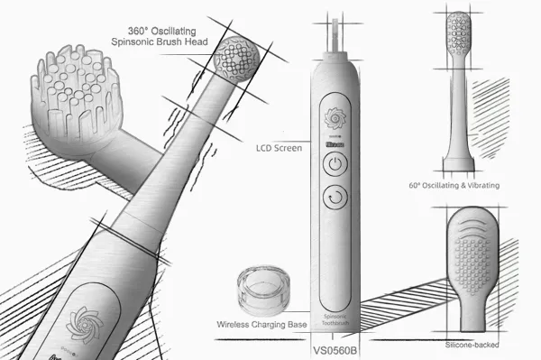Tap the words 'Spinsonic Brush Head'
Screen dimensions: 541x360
[x=160, y=42]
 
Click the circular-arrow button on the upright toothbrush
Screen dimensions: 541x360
[x=334, y=197]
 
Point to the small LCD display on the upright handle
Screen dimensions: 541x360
[x=334, y=143]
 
